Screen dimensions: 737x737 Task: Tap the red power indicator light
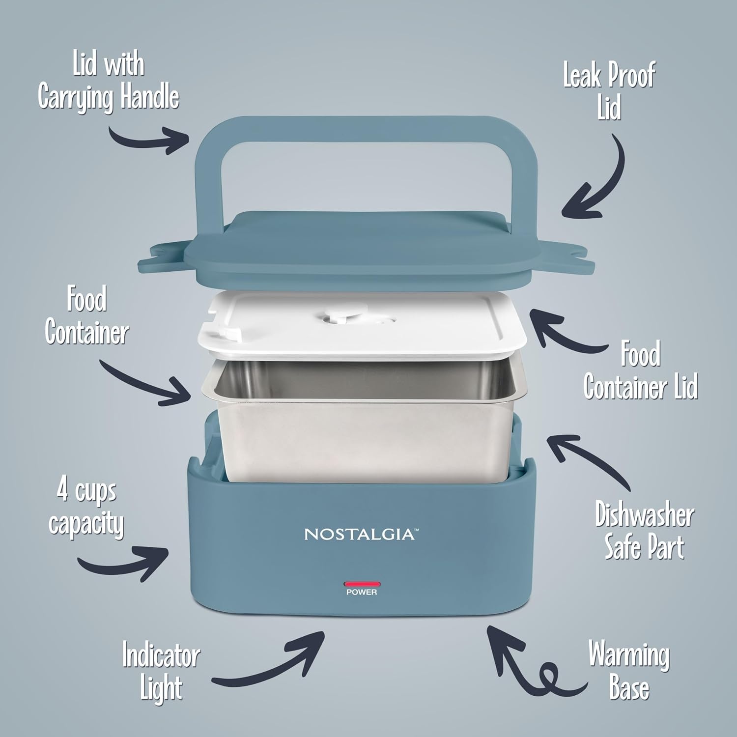[x=362, y=584]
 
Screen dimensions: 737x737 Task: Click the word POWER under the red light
[x=362, y=593]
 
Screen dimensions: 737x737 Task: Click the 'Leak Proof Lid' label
[x=609, y=92]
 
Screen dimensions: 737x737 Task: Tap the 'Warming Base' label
[x=629, y=671]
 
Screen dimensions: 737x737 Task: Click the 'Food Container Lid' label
[x=641, y=371]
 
